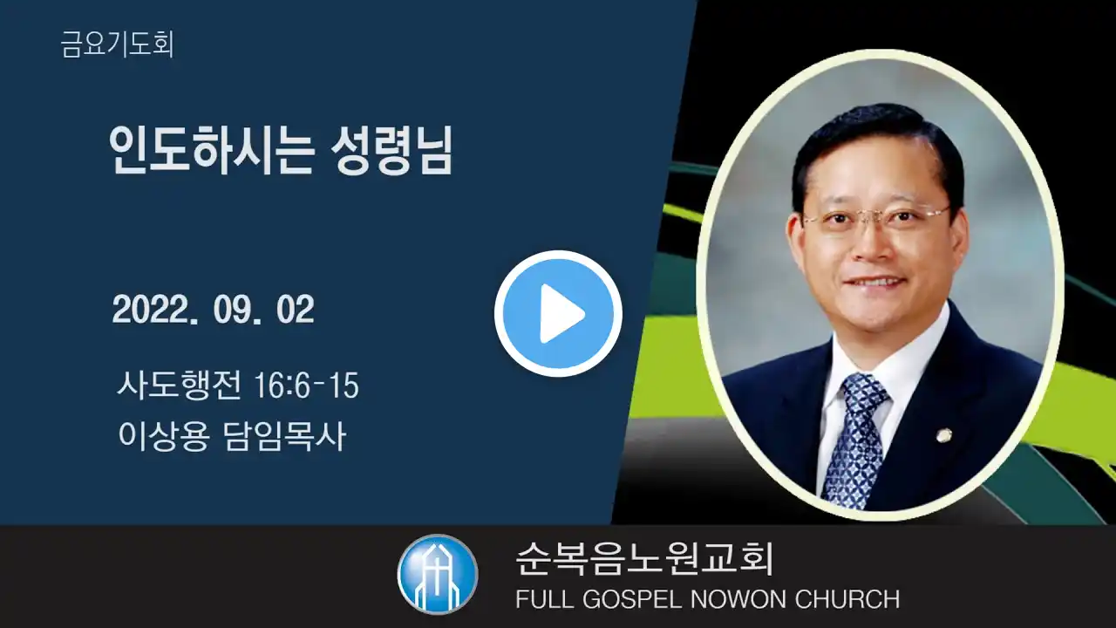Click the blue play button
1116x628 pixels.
pos(558,313)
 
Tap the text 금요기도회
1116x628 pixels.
pos(117,44)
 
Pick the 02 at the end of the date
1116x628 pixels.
pos(295,310)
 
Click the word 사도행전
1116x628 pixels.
pos(180,385)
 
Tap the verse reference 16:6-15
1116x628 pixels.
pos(306,386)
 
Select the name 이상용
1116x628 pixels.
pos(163,436)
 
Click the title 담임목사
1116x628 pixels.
pos(285,436)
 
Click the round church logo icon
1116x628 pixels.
pos(438,574)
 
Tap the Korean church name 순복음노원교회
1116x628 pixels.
pos(644,558)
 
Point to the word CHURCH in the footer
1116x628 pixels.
pos(847,599)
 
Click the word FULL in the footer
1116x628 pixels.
pos(544,599)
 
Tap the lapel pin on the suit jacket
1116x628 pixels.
pos(942,435)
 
